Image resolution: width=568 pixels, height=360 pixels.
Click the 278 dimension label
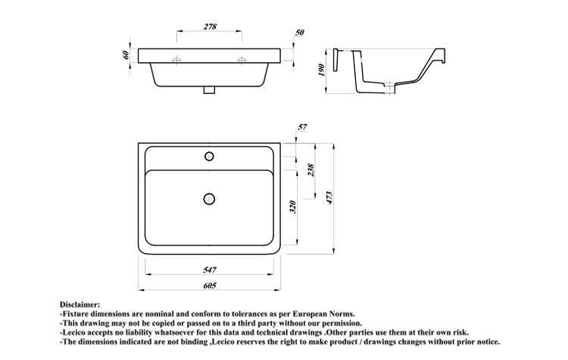pyautogui.click(x=210, y=27)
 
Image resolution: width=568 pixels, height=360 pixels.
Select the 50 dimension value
pyautogui.click(x=299, y=33)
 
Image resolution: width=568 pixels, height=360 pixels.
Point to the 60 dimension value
pyautogui.click(x=126, y=55)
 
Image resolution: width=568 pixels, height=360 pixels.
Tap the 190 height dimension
pyautogui.click(x=321, y=70)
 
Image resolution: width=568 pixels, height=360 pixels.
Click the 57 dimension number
pyautogui.click(x=302, y=127)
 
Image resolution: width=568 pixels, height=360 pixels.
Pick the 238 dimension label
pyautogui.click(x=311, y=170)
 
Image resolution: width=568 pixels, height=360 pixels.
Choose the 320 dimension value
pyautogui.click(x=293, y=207)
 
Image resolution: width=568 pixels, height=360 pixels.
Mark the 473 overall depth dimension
pyautogui.click(x=329, y=198)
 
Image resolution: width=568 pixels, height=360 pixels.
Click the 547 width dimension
pyautogui.click(x=210, y=270)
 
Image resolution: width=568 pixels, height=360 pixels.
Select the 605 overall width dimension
pyautogui.click(x=210, y=285)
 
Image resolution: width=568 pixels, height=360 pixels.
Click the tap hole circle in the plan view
pyautogui.click(x=209, y=156)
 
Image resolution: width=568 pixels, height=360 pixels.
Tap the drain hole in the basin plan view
pyautogui.click(x=209, y=199)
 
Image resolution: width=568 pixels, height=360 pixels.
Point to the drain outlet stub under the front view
pyautogui.click(x=209, y=90)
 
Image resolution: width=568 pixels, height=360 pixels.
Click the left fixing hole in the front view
pyautogui.click(x=176, y=60)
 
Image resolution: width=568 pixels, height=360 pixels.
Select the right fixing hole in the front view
pyautogui.click(x=242, y=60)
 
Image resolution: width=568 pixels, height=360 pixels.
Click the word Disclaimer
pyautogui.click(x=80, y=305)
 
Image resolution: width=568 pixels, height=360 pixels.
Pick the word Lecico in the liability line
pyautogui.click(x=73, y=332)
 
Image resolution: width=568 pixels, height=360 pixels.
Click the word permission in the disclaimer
pyautogui.click(x=342, y=324)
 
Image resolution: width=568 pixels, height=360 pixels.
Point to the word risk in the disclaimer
pyautogui.click(x=460, y=332)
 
